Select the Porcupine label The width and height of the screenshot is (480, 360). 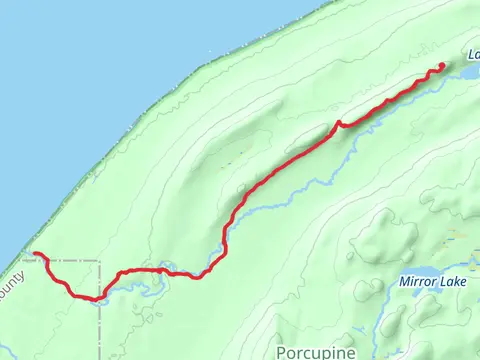(x=310, y=351)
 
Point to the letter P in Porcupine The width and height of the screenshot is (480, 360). (x=281, y=351)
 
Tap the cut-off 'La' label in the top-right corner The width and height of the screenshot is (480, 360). (x=472, y=55)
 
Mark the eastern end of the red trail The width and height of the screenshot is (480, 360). (x=442, y=66)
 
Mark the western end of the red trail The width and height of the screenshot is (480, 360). (x=34, y=254)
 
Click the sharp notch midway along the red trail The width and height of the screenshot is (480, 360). (x=339, y=123)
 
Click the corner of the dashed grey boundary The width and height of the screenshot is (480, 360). (x=100, y=262)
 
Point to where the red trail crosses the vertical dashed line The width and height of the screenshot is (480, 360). (x=100, y=296)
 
